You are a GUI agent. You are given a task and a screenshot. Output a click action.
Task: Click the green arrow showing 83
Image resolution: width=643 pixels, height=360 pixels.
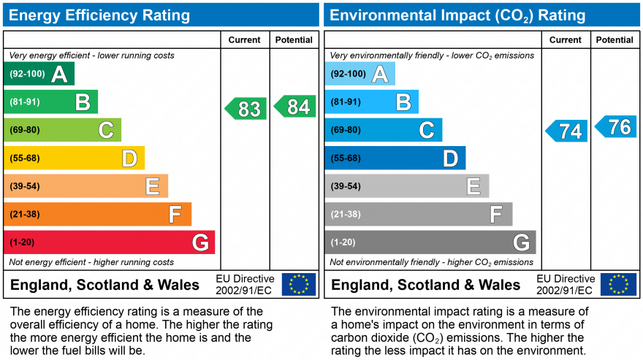(x=246, y=109)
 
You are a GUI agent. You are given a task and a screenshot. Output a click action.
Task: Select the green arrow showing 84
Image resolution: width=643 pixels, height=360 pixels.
(x=295, y=107)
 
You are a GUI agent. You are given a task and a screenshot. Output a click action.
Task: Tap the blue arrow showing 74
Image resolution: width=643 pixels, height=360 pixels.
(x=567, y=131)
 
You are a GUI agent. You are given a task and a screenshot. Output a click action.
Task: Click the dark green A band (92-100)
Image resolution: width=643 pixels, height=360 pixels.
(x=39, y=74)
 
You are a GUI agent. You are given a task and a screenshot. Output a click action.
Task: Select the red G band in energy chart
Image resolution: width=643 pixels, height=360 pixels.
(x=109, y=242)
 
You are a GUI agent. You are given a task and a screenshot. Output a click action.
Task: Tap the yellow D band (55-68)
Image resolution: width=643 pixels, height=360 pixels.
(x=74, y=158)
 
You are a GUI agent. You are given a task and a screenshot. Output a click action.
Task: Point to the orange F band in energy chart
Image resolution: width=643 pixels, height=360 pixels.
(x=97, y=214)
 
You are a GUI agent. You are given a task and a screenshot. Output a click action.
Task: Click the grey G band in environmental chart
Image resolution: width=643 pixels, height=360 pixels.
(x=430, y=242)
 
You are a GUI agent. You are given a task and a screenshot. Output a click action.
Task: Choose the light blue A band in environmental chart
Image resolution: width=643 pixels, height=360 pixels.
(x=359, y=74)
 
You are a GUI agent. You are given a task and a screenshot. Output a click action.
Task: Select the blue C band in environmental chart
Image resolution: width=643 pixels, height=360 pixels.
(x=383, y=130)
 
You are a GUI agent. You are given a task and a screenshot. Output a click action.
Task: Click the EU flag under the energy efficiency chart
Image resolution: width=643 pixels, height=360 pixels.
(x=299, y=284)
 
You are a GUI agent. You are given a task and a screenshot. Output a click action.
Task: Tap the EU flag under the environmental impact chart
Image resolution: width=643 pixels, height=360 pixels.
(x=618, y=284)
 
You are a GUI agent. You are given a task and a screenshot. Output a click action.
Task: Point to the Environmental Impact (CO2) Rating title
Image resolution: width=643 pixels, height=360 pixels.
(x=458, y=15)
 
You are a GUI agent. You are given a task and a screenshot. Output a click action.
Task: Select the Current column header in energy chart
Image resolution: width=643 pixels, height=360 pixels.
(x=245, y=40)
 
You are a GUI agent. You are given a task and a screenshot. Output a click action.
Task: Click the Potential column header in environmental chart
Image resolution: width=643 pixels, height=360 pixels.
(x=614, y=40)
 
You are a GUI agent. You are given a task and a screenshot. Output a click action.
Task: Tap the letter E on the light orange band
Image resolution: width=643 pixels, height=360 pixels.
(x=152, y=186)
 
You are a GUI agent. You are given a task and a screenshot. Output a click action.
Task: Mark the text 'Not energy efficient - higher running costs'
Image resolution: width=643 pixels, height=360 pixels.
(x=91, y=262)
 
